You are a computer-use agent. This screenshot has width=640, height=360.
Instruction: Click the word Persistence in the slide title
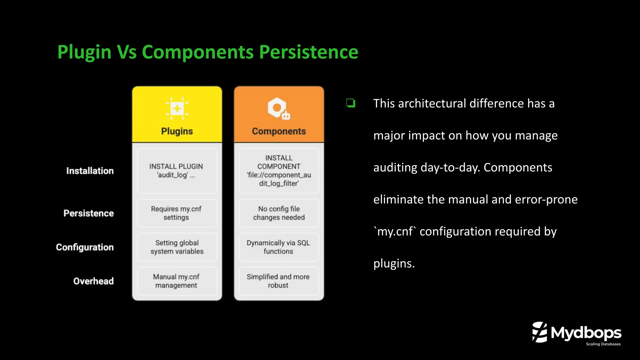click(308, 52)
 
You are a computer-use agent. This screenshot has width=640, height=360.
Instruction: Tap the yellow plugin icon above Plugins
click(177, 108)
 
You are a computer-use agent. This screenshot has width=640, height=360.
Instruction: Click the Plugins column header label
click(177, 131)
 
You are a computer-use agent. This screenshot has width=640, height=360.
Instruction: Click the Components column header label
click(279, 131)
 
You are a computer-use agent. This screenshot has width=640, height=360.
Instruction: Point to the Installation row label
click(90, 171)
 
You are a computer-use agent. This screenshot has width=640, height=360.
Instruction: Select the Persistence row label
click(89, 213)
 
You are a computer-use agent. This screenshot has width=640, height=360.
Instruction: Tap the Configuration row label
click(85, 247)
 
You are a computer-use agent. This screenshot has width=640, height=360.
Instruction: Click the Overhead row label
click(93, 281)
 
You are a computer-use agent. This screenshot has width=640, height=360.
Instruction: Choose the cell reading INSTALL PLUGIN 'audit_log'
click(177, 171)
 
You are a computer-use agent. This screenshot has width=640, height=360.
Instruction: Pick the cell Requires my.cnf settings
click(177, 213)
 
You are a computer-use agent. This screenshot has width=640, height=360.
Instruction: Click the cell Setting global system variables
click(177, 247)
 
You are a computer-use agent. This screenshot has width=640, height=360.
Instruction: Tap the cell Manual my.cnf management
click(177, 281)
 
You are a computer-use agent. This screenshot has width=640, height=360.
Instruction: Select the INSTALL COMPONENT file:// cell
click(279, 171)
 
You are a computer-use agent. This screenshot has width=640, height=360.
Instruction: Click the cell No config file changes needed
click(279, 213)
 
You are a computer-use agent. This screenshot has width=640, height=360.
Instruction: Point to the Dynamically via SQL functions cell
click(278, 247)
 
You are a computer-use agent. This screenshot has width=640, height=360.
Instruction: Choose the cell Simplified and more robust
click(278, 281)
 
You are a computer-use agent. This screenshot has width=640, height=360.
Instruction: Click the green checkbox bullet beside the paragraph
click(351, 103)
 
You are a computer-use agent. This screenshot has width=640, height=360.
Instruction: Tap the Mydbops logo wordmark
click(586, 333)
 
